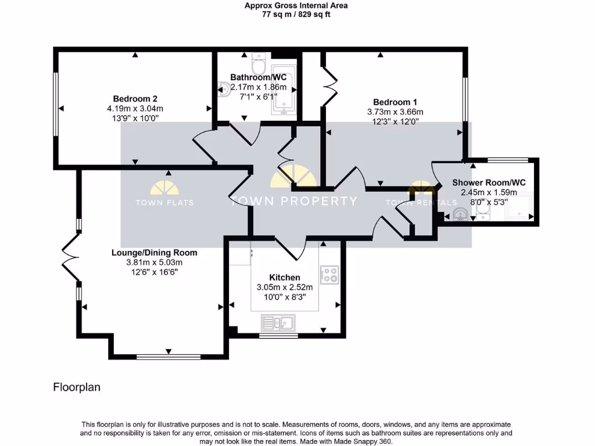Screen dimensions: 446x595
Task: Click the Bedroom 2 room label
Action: (135, 98)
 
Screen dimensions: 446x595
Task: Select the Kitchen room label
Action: (285, 278)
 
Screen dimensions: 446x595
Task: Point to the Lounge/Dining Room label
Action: (155, 253)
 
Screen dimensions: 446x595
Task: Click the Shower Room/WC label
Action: (489, 182)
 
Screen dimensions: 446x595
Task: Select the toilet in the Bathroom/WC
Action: (259, 60)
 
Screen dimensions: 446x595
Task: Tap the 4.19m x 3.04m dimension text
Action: (135, 108)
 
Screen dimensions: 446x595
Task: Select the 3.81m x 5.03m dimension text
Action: (155, 262)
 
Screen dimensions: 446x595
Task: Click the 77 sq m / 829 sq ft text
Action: (296, 15)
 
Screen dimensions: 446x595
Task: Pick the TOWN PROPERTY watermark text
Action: (293, 202)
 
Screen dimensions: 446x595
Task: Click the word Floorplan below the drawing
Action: (77, 387)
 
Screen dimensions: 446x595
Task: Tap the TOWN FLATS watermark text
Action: (164, 203)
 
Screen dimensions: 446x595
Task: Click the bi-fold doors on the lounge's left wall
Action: (70, 256)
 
